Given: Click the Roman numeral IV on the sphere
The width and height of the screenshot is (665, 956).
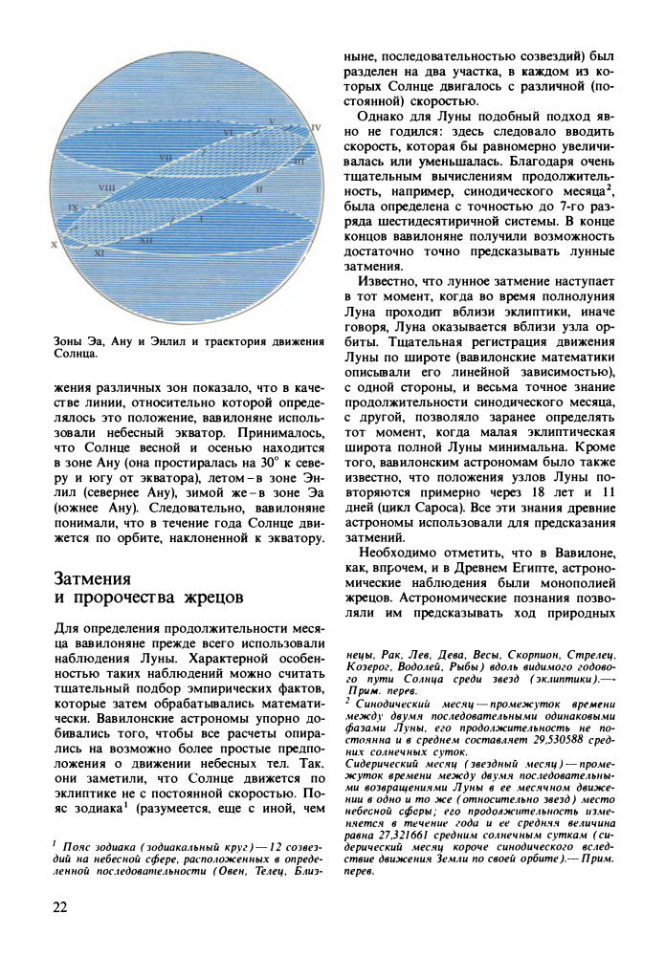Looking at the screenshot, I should pyautogui.click(x=318, y=126).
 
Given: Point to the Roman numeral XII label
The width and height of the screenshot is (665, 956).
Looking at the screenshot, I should pyautogui.click(x=146, y=241).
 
